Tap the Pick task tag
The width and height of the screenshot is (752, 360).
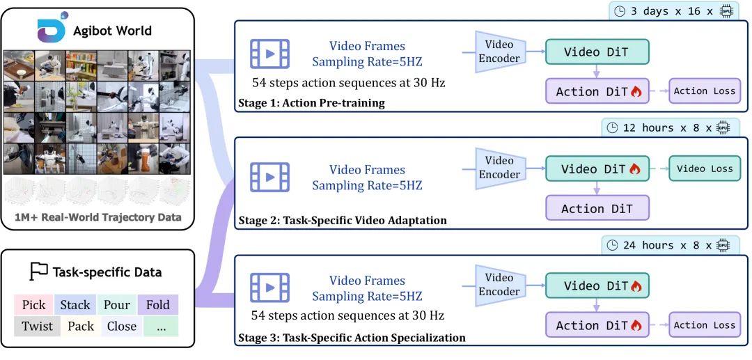(x=33, y=304)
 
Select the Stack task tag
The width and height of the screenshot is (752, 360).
(x=75, y=304)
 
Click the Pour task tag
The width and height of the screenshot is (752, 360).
(x=116, y=304)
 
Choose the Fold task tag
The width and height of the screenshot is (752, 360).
(x=158, y=304)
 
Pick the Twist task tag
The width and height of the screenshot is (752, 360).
(x=37, y=326)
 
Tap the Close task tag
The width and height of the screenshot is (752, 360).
(x=121, y=326)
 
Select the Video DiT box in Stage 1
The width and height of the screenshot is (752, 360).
(x=597, y=52)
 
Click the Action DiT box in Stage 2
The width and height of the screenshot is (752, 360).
(x=597, y=208)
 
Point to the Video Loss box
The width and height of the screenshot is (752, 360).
(x=705, y=169)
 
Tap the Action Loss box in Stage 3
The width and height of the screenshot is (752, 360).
(x=705, y=324)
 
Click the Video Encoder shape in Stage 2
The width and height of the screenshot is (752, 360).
(x=499, y=169)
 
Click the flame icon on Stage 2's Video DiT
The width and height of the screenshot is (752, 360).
(x=634, y=169)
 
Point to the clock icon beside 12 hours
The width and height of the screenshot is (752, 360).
(x=613, y=127)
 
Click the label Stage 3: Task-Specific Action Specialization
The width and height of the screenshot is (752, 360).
(x=352, y=338)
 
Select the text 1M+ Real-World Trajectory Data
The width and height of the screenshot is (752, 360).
(x=98, y=217)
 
